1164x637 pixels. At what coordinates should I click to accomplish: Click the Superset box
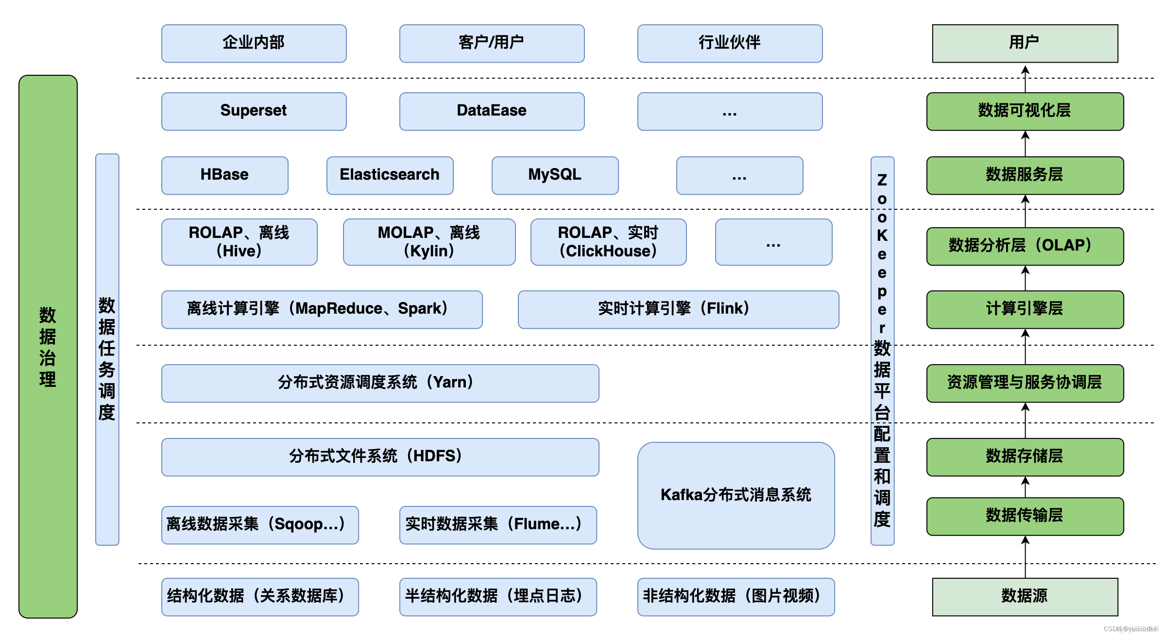[254, 111]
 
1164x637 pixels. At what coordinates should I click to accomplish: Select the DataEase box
[492, 111]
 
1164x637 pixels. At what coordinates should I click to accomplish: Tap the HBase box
[224, 175]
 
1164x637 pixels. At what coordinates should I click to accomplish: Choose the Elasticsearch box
[390, 175]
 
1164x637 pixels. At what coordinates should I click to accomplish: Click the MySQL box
[555, 175]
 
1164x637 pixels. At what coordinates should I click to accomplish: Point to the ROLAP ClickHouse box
[608, 242]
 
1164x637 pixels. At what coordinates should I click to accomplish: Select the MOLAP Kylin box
[429, 242]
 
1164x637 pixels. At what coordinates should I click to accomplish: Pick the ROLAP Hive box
[239, 242]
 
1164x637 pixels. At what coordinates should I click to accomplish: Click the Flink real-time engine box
[678, 309]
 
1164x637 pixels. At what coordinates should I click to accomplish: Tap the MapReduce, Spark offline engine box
[322, 309]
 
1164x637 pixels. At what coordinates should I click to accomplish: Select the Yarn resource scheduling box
[380, 383]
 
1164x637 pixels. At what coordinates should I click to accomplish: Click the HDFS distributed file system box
[380, 457]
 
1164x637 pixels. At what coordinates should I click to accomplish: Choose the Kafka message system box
[736, 495]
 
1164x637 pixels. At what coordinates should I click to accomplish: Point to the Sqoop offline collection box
[260, 525]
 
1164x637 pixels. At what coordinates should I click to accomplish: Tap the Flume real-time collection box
[497, 525]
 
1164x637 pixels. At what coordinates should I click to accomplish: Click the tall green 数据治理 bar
[48, 346]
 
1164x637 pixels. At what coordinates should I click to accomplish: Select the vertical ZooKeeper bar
[882, 351]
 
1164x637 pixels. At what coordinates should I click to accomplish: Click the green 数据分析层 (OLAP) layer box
[1025, 246]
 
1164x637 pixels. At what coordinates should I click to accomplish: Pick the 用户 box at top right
[1025, 43]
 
